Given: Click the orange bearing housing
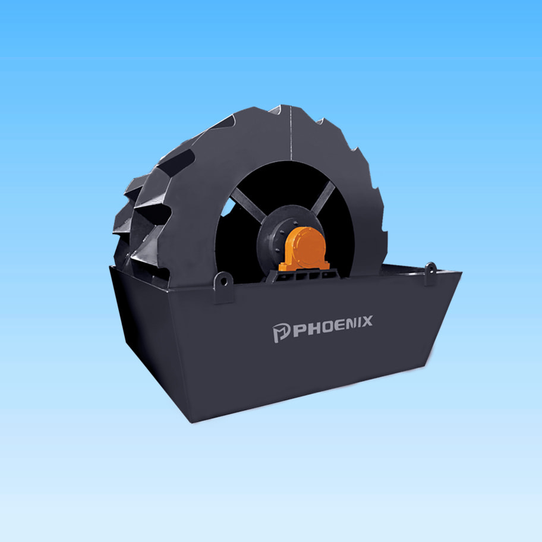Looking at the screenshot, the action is click(304, 248).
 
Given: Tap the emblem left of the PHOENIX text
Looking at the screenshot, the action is click(281, 333).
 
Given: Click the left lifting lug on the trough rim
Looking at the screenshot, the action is click(223, 288).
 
